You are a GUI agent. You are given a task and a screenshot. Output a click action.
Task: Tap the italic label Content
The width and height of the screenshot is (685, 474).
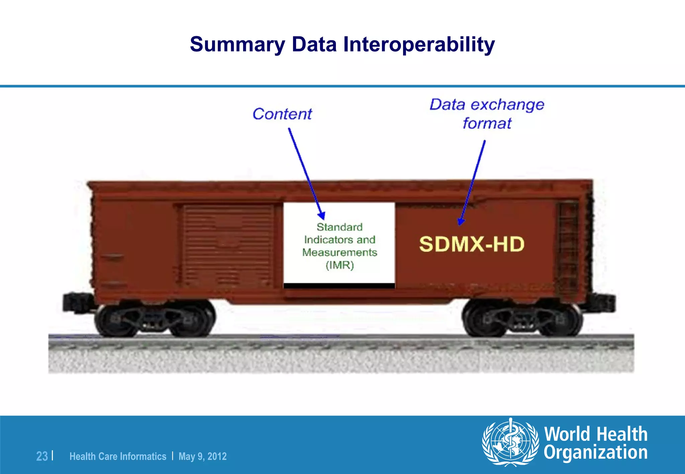coord(282,114)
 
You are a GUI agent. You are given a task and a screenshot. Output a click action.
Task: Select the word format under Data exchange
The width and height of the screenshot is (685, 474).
coord(487,123)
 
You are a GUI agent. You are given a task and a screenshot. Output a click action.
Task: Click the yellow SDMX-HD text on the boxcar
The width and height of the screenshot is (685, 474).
coord(472,244)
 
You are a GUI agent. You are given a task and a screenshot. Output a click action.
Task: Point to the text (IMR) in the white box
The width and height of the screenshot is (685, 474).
coord(339,265)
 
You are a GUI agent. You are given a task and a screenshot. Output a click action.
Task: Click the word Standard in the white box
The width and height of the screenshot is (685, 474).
coord(339,227)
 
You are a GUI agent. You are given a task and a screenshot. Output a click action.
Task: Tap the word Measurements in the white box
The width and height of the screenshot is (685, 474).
coord(339,252)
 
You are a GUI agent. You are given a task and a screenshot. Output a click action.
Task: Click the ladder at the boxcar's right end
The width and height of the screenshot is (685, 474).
coord(568,247)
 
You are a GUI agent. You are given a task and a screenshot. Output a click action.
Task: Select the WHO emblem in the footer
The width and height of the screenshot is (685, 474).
coord(510,442)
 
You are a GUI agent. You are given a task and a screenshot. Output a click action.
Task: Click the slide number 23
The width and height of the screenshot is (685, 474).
coord(42,456)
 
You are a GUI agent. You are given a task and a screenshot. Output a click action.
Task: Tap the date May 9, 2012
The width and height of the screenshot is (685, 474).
coord(202,456)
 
